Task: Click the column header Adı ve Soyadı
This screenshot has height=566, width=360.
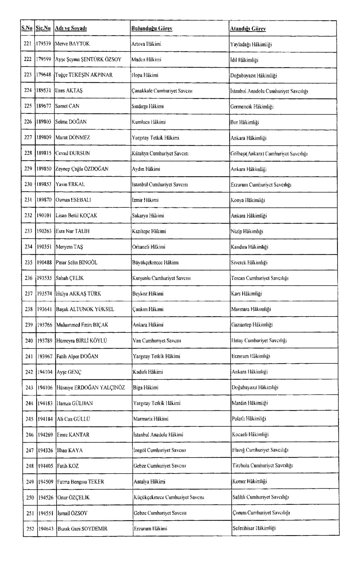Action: coord(71,28)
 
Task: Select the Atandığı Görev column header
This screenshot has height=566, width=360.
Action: coord(248,29)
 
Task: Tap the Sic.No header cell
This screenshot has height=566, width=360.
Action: coord(43,28)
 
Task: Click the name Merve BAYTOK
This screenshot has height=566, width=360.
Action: coord(72,44)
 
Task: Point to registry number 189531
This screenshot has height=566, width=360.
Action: coord(44,90)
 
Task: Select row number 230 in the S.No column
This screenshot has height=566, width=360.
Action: coord(28,184)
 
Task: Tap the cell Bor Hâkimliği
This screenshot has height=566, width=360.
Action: coord(245,122)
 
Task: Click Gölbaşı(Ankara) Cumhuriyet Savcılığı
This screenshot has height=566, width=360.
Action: coord(269,154)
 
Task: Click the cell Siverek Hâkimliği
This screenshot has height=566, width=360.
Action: coord(249,262)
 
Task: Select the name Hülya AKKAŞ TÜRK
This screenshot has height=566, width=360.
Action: coord(78,294)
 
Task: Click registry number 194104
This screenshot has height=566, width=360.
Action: coord(45,372)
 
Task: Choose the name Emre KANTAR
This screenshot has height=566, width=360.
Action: coord(73,434)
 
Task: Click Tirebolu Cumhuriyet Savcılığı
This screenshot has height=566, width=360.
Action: coord(262,465)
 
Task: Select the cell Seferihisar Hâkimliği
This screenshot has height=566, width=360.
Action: coord(254,528)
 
